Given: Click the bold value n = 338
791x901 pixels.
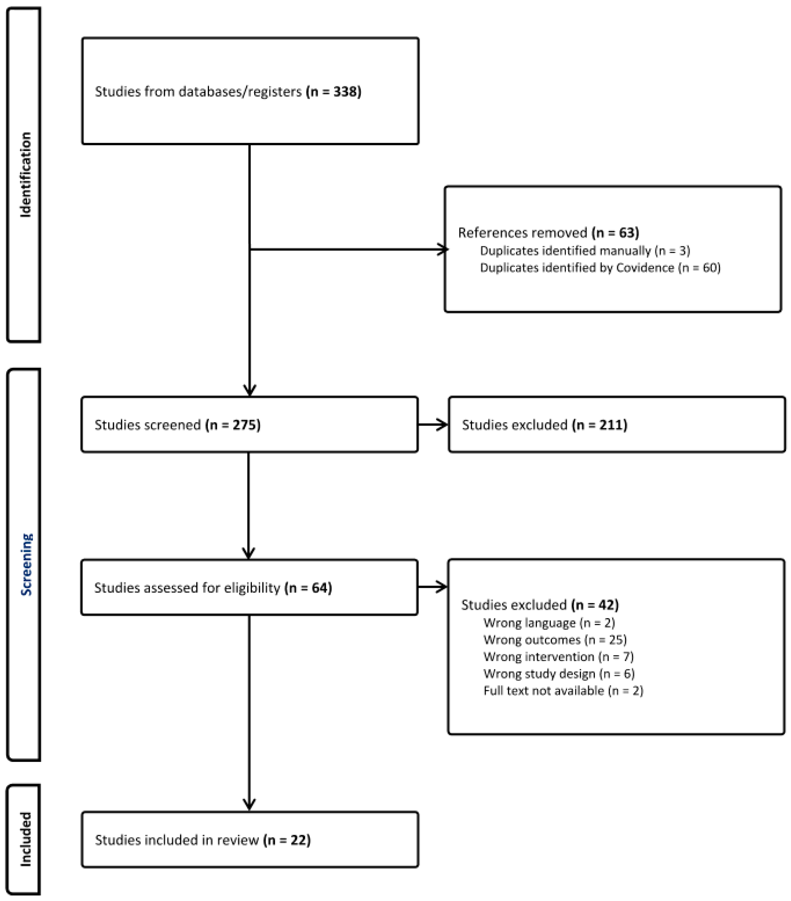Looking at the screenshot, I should [x=334, y=92].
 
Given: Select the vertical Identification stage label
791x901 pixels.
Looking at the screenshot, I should [x=26, y=175].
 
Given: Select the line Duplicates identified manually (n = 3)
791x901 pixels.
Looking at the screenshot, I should [x=585, y=251].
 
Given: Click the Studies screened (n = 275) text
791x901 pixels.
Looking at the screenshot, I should [x=177, y=425].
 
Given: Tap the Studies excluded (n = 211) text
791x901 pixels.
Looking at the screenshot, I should [x=544, y=425].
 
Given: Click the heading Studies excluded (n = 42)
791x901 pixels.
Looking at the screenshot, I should [x=540, y=605].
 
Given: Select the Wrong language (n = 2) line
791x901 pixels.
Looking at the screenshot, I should [x=549, y=623].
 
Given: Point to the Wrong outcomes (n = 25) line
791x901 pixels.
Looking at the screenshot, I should [x=555, y=640].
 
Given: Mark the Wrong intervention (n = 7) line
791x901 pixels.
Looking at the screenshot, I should [x=558, y=657].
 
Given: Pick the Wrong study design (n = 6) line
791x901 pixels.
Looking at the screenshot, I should [x=559, y=674].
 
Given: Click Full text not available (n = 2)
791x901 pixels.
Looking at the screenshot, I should [x=563, y=691].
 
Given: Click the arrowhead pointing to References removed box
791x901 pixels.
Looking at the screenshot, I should [x=443, y=249].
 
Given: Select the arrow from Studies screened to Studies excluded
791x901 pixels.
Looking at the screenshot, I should [x=433, y=425].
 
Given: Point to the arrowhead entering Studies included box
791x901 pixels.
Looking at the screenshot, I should [x=249, y=805].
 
